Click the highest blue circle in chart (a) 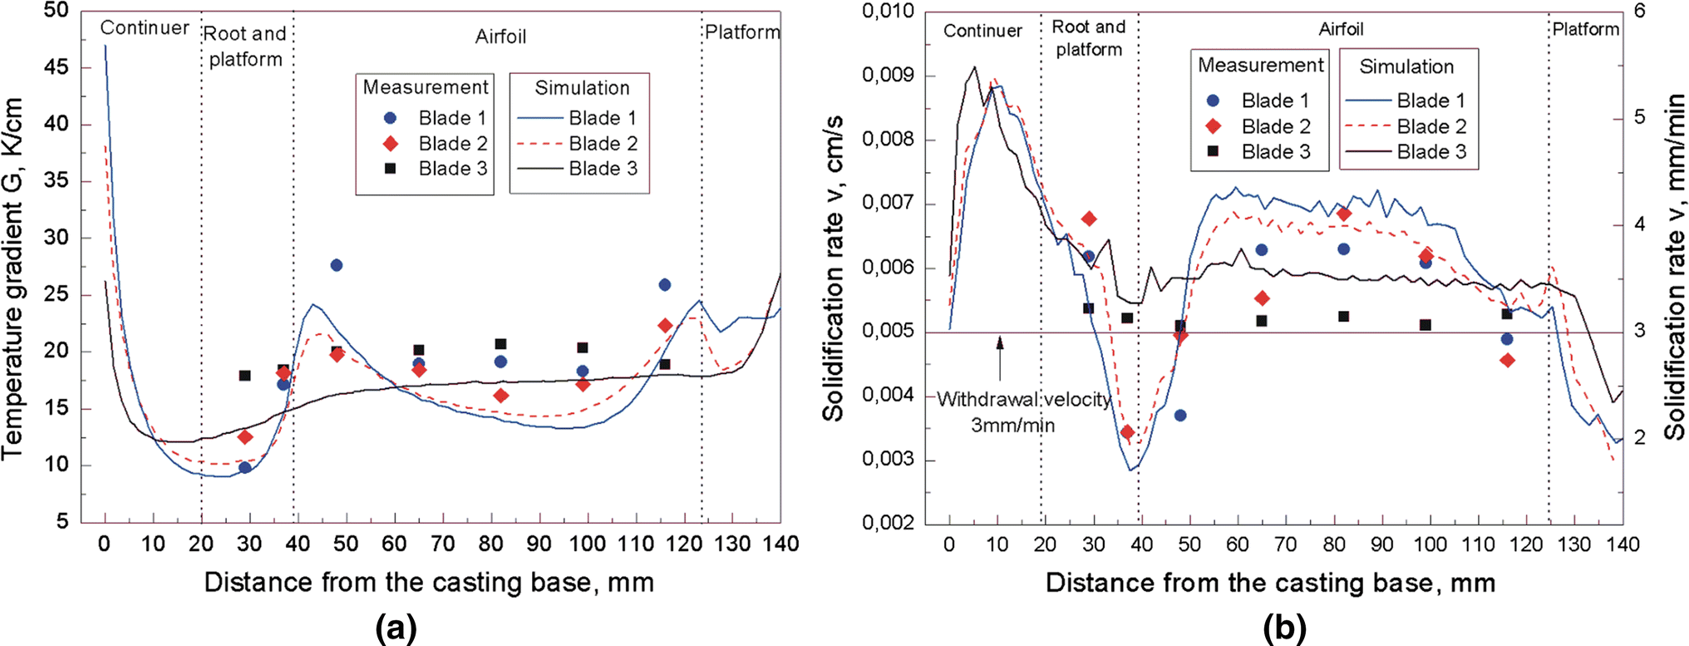click(337, 265)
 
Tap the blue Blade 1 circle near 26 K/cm click(665, 285)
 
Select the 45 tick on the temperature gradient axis click(56, 67)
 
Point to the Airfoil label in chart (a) click(500, 37)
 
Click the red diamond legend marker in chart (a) click(390, 144)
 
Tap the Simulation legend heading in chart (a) click(582, 88)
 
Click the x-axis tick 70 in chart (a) click(442, 545)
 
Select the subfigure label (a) click(396, 628)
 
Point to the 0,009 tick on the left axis click(888, 76)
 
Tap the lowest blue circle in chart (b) click(1180, 415)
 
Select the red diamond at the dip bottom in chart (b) click(1127, 432)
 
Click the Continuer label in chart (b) click(982, 31)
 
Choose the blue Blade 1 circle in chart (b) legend click(1213, 101)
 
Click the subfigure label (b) click(1284, 628)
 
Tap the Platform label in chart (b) click(1586, 29)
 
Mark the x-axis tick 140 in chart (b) click(1623, 545)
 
